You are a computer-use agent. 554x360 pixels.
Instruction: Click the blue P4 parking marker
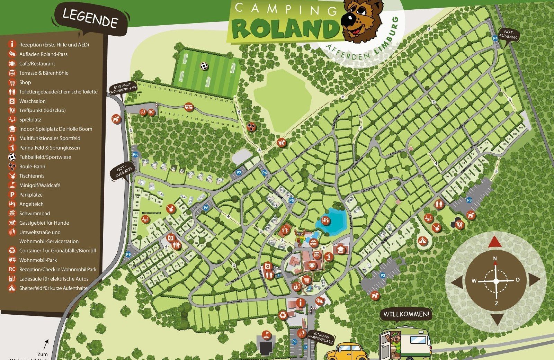[495, 38]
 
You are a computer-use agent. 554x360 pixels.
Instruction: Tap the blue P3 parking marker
[469, 200]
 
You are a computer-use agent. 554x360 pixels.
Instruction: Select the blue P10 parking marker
[135, 155]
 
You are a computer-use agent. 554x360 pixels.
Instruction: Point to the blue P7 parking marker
[239, 172]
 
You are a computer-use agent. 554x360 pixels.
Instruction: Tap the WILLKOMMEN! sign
[406, 314]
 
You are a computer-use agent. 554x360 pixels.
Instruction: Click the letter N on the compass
[495, 259]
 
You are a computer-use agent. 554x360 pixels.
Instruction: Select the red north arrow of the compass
[495, 242]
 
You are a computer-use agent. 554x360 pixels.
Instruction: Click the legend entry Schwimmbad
[35, 213]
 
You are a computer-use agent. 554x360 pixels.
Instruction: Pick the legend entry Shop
[25, 82]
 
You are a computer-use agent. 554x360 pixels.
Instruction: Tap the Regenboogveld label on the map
[151, 213]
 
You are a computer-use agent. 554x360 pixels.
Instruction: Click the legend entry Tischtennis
[32, 176]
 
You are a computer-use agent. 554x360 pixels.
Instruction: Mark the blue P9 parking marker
[128, 254]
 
